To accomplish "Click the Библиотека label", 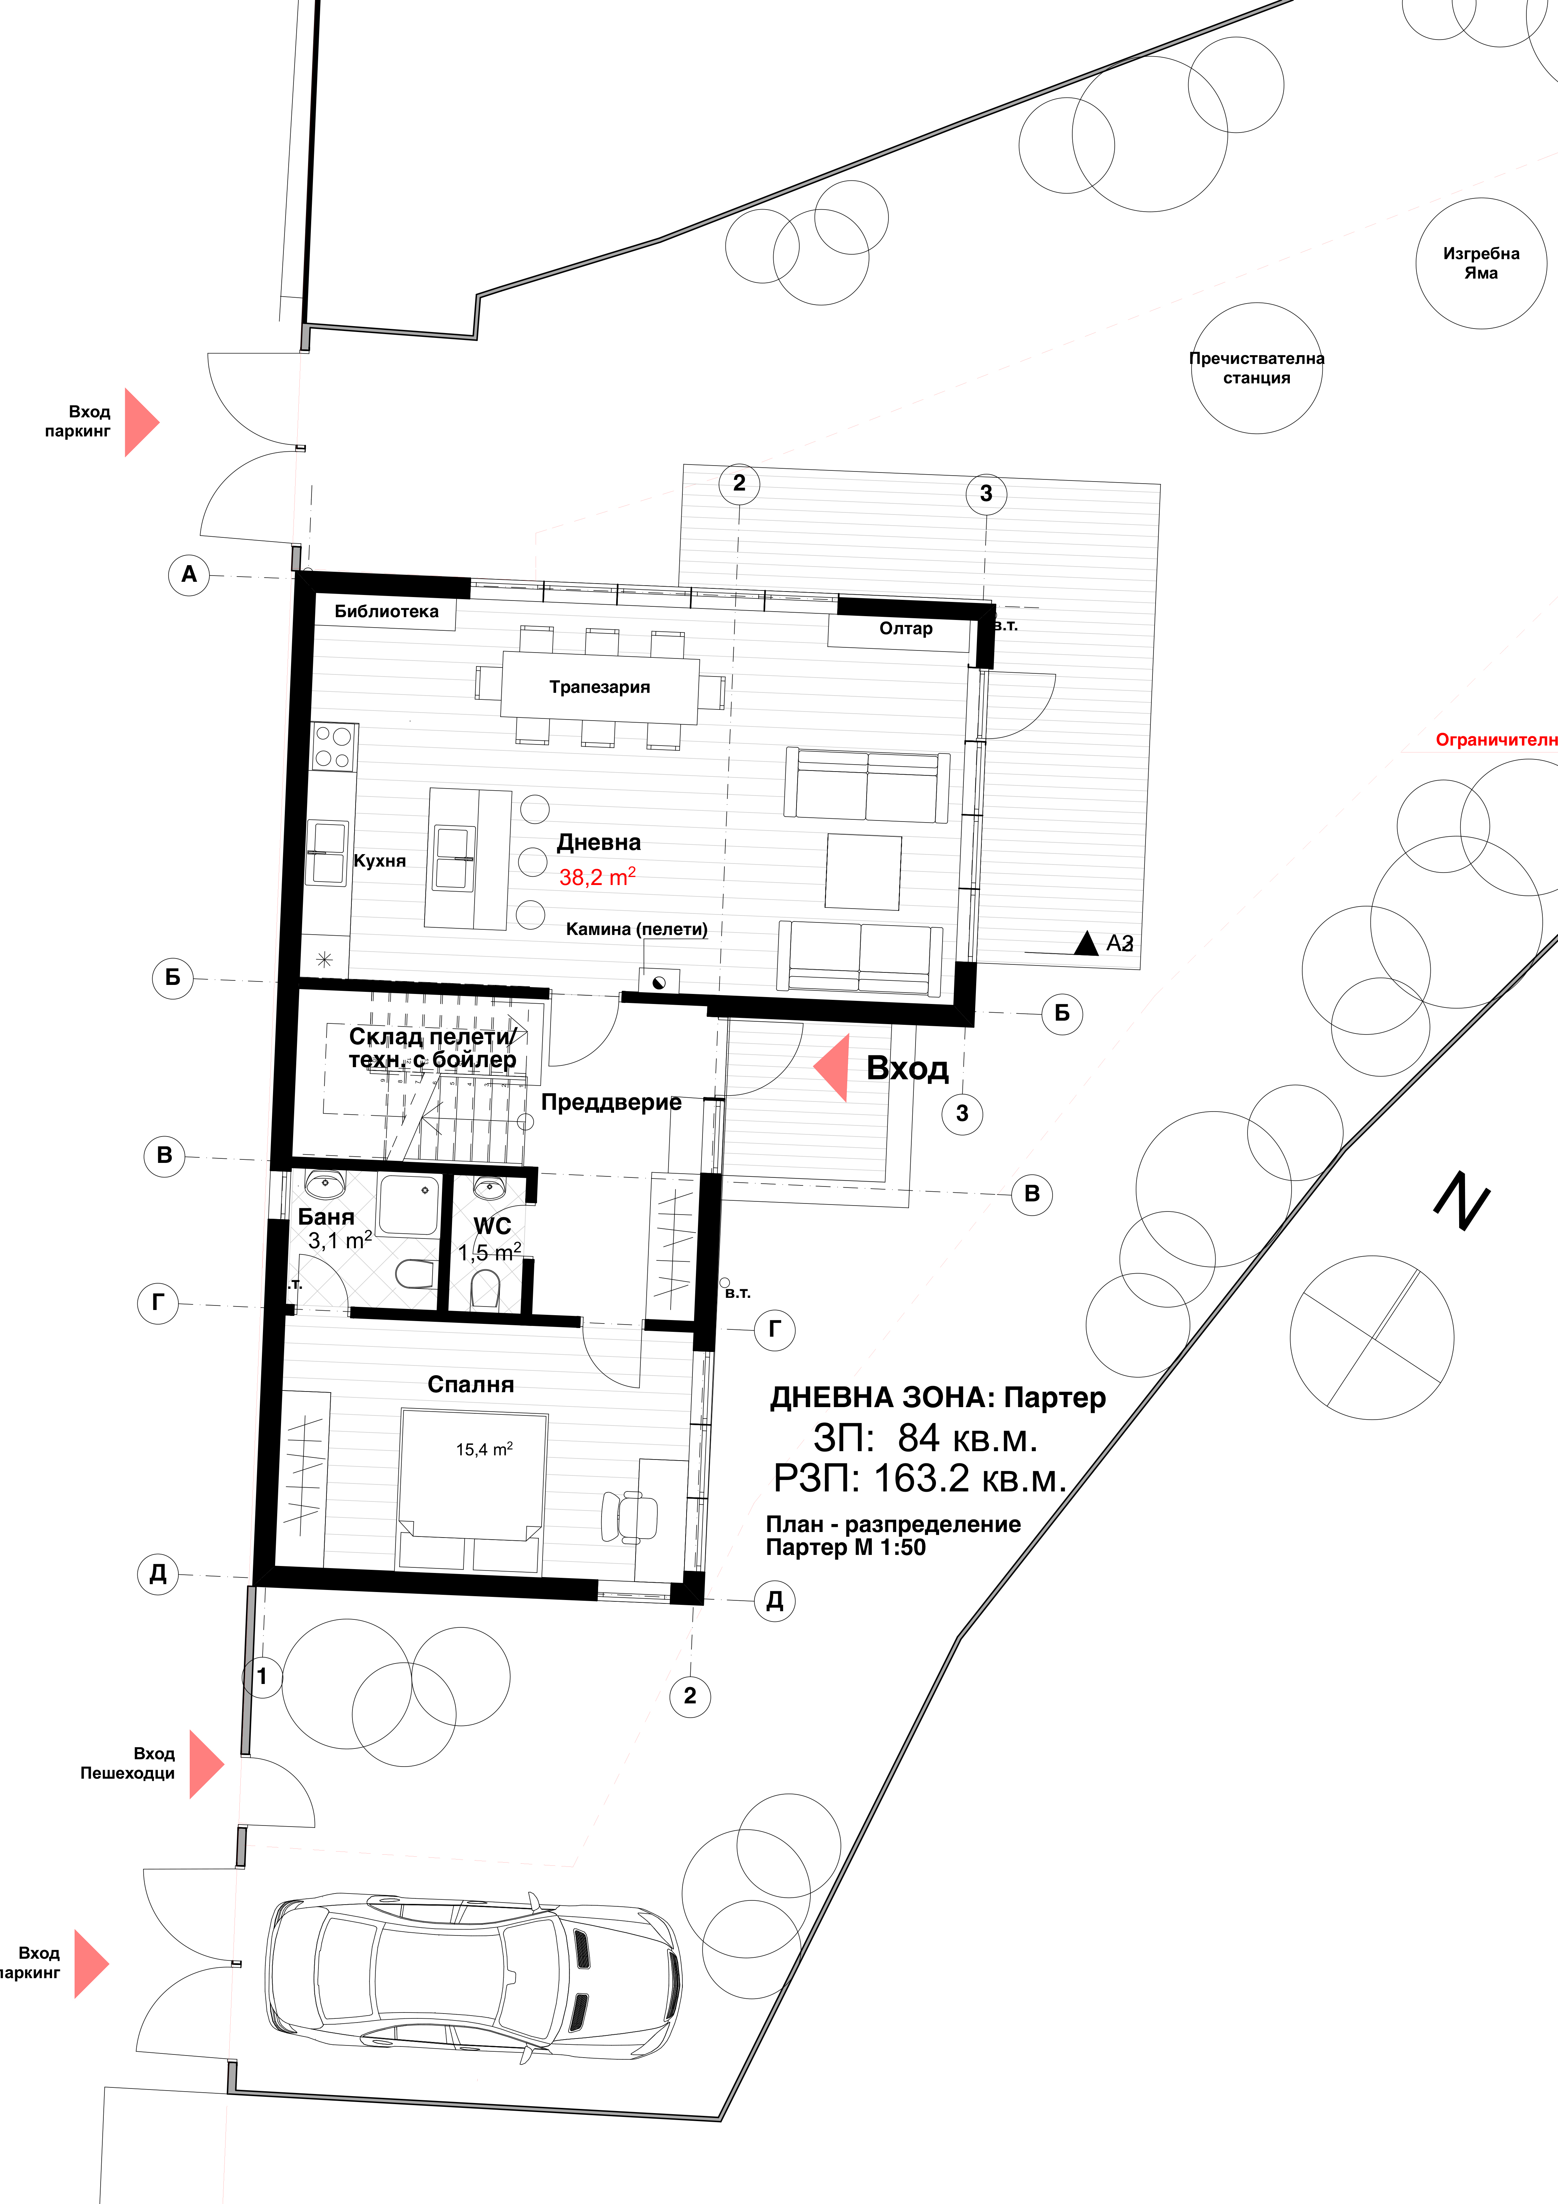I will point(386,612).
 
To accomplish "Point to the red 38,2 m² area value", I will point(597,876).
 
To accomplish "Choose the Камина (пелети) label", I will point(636,929).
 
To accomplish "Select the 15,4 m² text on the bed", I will point(484,1449).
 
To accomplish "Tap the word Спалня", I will point(470,1384).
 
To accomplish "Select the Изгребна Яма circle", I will point(1480,263).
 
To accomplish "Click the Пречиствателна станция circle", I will point(1255,369).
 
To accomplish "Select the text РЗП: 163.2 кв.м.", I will point(920,1479).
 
